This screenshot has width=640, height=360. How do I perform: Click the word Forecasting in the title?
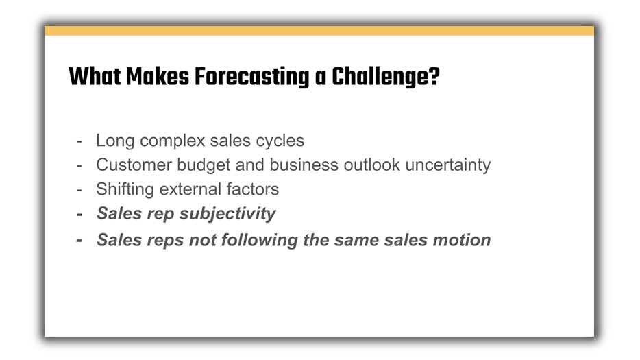pos(251,77)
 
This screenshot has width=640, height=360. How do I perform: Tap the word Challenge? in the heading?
pos(386,77)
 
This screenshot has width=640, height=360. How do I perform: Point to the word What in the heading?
pos(95,76)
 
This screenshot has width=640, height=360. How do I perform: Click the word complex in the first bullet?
pos(172,141)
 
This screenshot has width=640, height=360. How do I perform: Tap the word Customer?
pos(134,165)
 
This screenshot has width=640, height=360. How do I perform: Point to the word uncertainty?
pos(447,165)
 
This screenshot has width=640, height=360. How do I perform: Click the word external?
pos(190,189)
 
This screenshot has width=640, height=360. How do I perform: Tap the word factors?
pos(253,189)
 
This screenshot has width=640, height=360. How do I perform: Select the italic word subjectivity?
pos(227,214)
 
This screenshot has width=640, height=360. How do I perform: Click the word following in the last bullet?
pos(260,240)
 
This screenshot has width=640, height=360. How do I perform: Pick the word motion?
pos(462,240)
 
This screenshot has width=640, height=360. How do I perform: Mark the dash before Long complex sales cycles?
pos(79,141)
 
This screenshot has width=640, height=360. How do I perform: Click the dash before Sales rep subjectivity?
pos(79,214)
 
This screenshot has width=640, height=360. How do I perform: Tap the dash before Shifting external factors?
pos(79,190)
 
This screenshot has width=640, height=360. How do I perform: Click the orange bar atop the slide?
pos(319,31)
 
